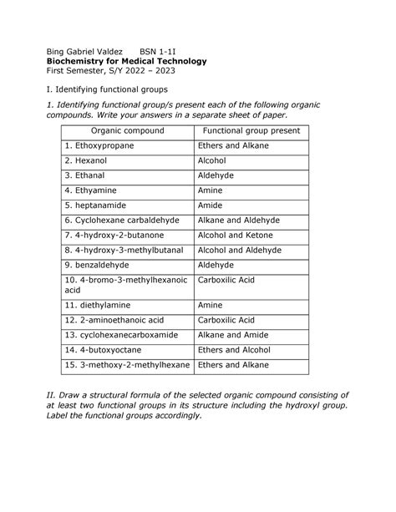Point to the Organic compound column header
click(128, 132)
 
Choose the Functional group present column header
click(251, 132)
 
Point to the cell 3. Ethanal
click(85, 175)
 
